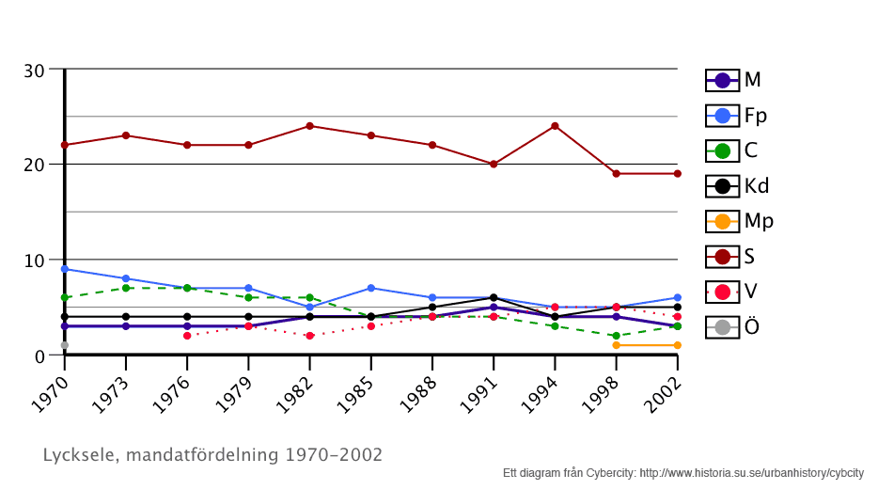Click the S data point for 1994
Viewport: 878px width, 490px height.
pos(555,126)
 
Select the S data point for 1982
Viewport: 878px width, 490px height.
pos(309,126)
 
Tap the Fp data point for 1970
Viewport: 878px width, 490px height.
pos(64,269)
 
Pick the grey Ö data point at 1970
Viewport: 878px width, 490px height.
pos(64,345)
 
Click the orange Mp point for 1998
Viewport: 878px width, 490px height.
pos(616,345)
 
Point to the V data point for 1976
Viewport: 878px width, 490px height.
pos(187,336)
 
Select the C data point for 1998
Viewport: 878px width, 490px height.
pos(616,336)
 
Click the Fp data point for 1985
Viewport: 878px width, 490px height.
pos(370,288)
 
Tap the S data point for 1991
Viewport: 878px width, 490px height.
pos(494,164)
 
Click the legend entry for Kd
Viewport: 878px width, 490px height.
pos(738,186)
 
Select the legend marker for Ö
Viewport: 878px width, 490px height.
pos(722,327)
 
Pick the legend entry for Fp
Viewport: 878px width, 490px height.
pos(737,116)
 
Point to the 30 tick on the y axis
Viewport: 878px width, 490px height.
pos(35,71)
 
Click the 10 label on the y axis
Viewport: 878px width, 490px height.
pos(35,261)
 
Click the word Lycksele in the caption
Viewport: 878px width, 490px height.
pos(77,455)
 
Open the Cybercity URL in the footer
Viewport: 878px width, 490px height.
pos(751,473)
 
